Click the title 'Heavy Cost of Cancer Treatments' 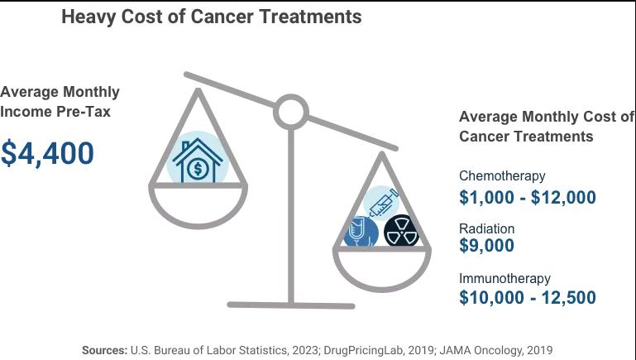click(x=211, y=17)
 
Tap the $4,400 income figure click(x=47, y=153)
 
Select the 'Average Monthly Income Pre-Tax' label click(x=60, y=101)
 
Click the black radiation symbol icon click(x=402, y=232)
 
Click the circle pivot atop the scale click(x=290, y=112)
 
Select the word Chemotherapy click(x=502, y=175)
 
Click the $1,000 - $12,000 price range click(x=527, y=197)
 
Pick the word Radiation click(x=486, y=228)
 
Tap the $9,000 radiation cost click(x=486, y=246)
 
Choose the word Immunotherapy click(x=504, y=279)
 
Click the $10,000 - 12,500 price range click(x=527, y=298)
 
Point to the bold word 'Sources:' click(x=104, y=350)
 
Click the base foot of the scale click(x=290, y=305)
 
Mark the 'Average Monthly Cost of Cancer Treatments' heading click(x=547, y=127)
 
